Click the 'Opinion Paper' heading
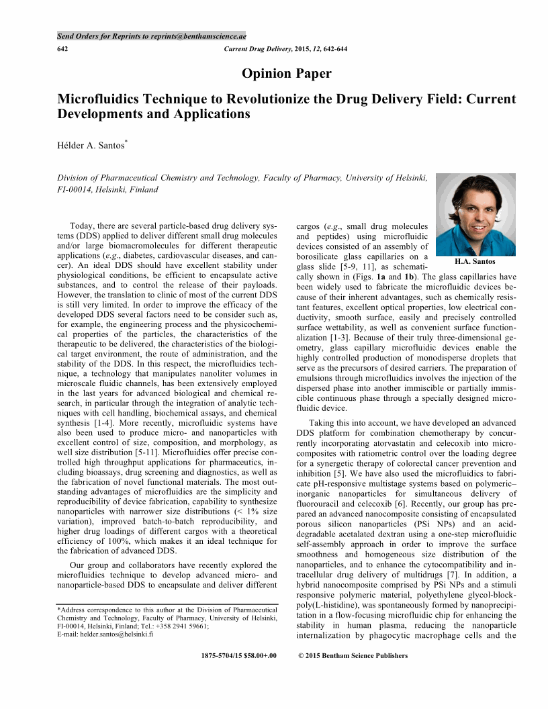coord(286,74)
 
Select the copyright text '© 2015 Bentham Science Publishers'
coord(352,655)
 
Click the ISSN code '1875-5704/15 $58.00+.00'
coord(238,655)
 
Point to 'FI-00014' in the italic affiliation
coord(75,189)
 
